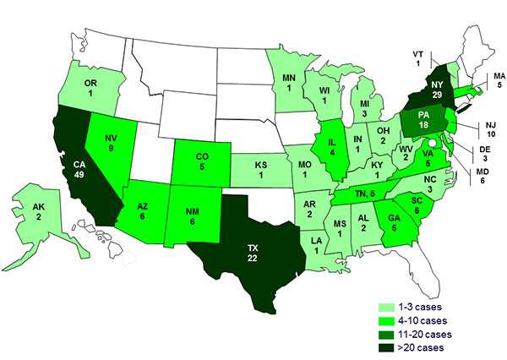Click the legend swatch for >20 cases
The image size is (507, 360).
coord(387,348)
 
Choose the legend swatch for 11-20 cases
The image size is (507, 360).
coord(387,335)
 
